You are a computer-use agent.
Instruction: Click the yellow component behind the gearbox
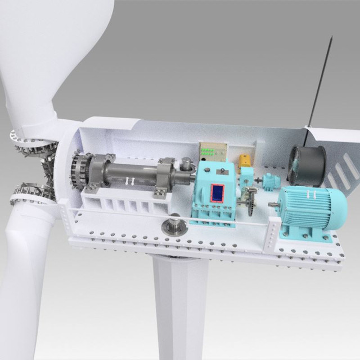pos(246,163)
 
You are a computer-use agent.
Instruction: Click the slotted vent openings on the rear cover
pos(338,174)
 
